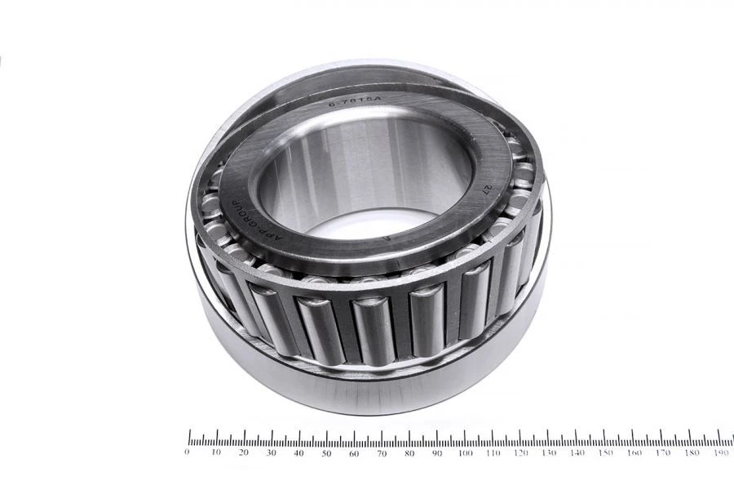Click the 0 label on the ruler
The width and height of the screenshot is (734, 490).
point(188,452)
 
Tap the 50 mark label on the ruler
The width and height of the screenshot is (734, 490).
point(326,452)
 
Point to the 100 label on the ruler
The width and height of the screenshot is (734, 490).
point(465,452)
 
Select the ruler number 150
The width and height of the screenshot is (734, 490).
point(604,452)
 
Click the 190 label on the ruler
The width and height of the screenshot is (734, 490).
point(719,452)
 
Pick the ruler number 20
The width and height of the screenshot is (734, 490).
point(243,452)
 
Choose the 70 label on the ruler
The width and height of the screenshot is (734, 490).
point(382,452)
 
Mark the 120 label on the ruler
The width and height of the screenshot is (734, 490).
point(521,452)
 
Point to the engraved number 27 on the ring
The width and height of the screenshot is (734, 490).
point(487,190)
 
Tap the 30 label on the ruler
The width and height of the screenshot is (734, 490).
point(271,452)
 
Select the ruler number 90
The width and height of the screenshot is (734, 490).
point(437,452)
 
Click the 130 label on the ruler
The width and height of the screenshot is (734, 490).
point(549,452)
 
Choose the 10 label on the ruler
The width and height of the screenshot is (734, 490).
point(215,452)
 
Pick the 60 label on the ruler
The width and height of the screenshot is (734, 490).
point(354,452)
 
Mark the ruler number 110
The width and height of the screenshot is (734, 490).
point(493,452)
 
